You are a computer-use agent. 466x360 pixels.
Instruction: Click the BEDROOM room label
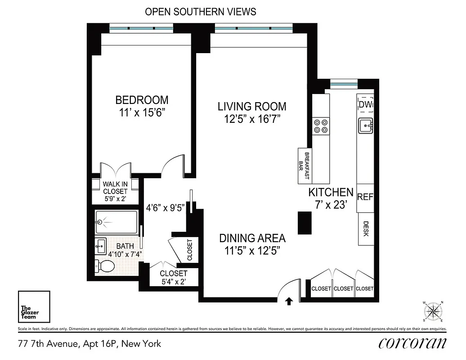click(x=142, y=100)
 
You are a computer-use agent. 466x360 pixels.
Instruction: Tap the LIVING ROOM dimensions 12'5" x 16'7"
click(x=252, y=119)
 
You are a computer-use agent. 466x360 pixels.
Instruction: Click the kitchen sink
click(x=365, y=126)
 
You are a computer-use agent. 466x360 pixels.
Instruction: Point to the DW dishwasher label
click(x=365, y=104)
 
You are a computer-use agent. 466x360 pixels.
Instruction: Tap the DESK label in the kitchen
click(x=366, y=229)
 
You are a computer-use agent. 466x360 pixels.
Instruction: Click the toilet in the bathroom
click(x=106, y=265)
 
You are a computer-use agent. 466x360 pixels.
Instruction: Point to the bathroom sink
click(x=101, y=246)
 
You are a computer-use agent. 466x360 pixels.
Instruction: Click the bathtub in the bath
click(x=116, y=221)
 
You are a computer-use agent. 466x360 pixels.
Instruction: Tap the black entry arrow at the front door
click(x=289, y=301)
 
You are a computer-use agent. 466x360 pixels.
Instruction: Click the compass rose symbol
click(x=434, y=310)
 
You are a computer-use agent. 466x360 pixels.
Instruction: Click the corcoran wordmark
click(x=412, y=344)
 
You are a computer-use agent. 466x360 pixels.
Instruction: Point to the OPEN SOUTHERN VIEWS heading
click(x=201, y=12)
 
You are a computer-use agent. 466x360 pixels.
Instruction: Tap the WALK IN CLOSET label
click(x=115, y=191)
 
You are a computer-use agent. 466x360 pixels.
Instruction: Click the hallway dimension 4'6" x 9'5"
click(x=166, y=208)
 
